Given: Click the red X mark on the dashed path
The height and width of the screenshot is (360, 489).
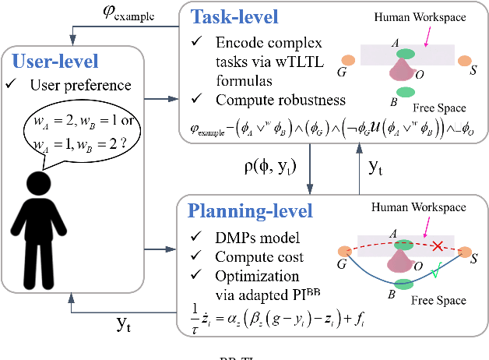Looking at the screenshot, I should click(439, 246).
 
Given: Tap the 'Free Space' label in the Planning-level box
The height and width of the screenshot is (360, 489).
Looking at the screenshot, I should click(438, 300).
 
